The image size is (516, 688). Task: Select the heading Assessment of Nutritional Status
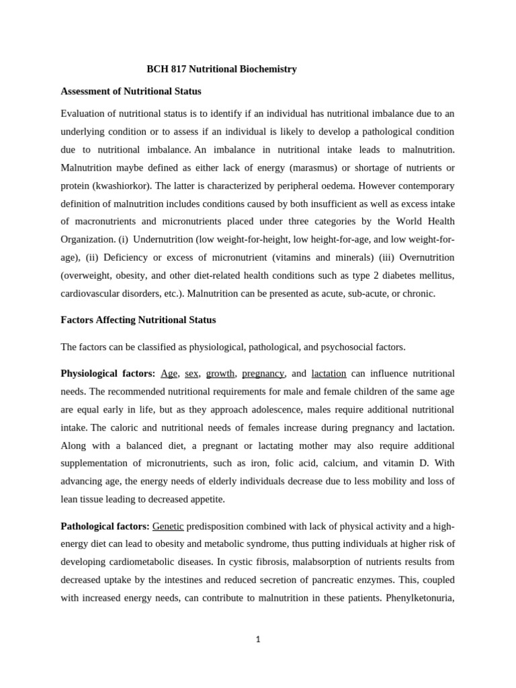click(x=131, y=91)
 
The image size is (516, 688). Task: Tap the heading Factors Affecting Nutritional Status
click(x=138, y=320)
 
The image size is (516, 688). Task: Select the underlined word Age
click(x=169, y=374)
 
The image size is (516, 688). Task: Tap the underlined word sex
click(x=191, y=374)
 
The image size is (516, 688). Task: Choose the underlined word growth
click(x=220, y=374)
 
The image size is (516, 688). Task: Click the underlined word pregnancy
click(x=263, y=374)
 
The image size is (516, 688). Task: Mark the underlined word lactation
click(x=329, y=374)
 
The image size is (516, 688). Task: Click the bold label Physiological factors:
click(x=107, y=374)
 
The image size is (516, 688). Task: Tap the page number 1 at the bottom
click(x=257, y=640)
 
